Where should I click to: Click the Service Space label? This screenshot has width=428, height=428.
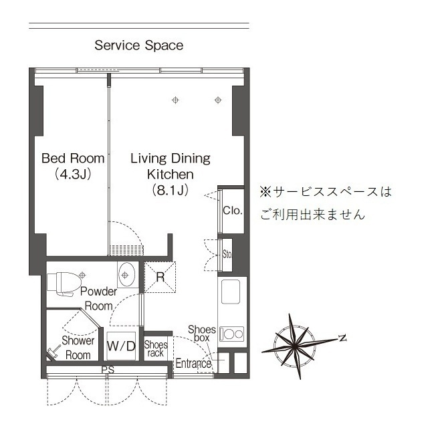point(138,45)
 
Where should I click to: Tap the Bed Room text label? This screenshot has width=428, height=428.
point(73,158)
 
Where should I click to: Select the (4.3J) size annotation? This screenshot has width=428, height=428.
point(73,175)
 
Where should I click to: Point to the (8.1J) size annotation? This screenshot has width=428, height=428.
point(170,190)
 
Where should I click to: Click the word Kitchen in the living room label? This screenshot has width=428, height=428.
point(170,174)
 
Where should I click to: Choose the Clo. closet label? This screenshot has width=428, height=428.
point(232,211)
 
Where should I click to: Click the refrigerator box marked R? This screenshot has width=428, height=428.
point(160,276)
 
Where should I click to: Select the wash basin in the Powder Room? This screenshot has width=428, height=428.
point(126,275)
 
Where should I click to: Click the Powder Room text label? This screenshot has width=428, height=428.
point(98,298)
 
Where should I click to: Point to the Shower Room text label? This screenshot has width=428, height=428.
point(78,347)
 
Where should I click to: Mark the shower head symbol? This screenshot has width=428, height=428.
point(52,352)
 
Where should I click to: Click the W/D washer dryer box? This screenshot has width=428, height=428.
point(121,346)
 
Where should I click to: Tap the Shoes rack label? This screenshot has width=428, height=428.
point(156,348)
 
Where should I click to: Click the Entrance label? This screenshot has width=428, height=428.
point(193,364)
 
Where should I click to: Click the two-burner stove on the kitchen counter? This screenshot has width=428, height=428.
point(232,333)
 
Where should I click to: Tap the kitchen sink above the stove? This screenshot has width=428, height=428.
point(231,292)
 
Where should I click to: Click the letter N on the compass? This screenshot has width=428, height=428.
point(342,338)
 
